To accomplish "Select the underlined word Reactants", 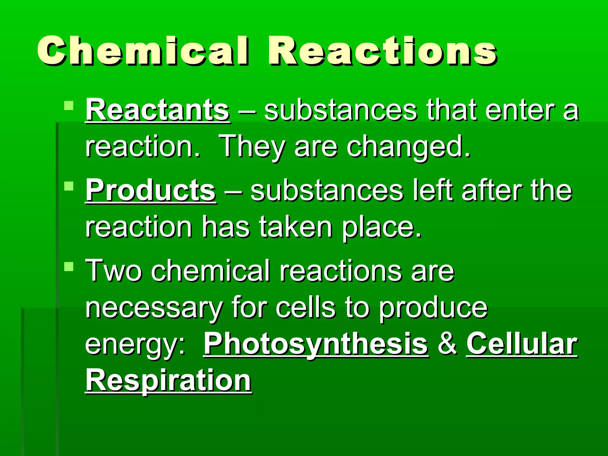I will pyautogui.click(x=157, y=110).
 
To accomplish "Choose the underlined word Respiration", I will pyautogui.click(x=168, y=380).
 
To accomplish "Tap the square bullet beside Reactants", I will pyautogui.click(x=69, y=106).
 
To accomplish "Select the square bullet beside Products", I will pyautogui.click(x=69, y=186).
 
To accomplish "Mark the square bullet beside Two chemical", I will pyautogui.click(x=69, y=266).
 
